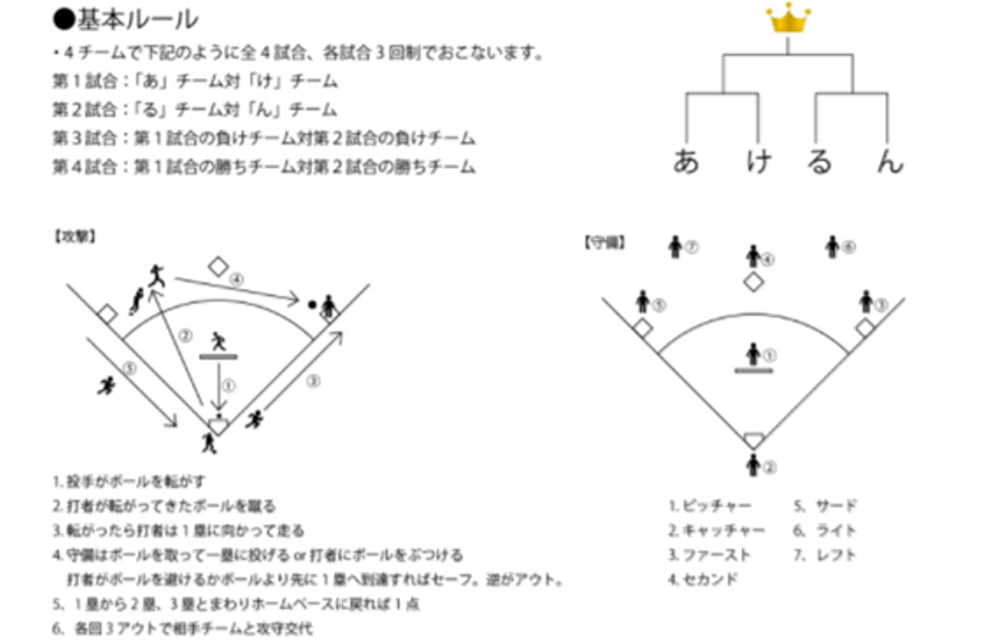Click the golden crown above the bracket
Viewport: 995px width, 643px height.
point(788,19)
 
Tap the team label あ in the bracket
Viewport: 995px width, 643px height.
point(687,161)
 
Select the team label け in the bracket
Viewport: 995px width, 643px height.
point(759,161)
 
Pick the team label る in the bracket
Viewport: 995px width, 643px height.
point(819,161)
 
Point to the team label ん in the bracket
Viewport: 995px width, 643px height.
point(889,161)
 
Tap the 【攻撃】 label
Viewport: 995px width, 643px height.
point(75,236)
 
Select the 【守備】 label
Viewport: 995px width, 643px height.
point(605,242)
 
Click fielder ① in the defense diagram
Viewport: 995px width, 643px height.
point(754,354)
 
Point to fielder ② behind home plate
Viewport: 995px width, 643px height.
point(754,465)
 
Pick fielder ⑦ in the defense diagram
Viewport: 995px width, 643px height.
point(676,247)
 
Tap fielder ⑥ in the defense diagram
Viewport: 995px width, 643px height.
point(833,246)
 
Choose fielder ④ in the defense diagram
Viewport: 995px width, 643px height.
point(754,257)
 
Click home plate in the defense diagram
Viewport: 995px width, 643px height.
point(754,440)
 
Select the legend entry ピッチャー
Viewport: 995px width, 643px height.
point(710,506)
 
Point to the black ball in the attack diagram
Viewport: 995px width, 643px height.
point(312,304)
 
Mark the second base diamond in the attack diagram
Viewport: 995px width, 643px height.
point(218,266)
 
